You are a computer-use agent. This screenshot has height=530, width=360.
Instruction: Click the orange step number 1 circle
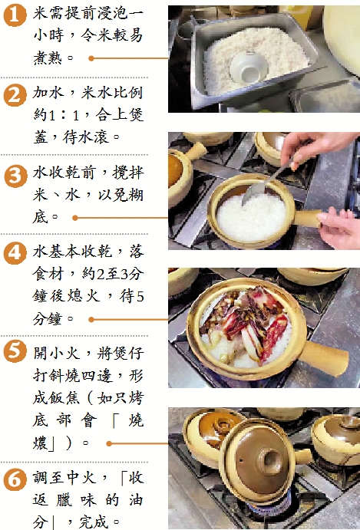[x=15, y=15]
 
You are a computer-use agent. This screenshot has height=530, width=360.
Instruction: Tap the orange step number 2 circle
[x=15, y=95]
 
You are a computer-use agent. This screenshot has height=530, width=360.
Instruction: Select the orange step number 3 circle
[x=15, y=176]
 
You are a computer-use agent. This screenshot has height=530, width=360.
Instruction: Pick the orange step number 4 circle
[x=15, y=254]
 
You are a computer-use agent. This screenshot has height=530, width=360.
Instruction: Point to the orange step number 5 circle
[x=15, y=351]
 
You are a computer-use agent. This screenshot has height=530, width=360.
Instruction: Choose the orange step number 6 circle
[x=15, y=480]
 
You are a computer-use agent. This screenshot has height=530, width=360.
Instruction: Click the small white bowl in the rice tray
[x=249, y=67]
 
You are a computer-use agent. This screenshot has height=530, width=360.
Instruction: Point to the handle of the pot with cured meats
[x=325, y=358]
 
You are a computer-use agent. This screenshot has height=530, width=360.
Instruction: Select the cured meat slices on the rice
[x=244, y=322]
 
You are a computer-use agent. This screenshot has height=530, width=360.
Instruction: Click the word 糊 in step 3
[x=135, y=196]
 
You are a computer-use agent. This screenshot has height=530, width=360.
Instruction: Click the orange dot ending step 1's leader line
[x=91, y=58]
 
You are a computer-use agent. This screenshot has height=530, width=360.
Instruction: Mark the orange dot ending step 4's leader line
[x=91, y=319]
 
